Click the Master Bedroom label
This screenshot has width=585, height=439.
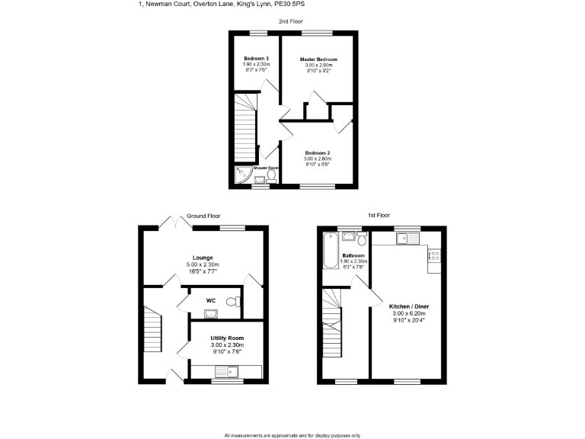coord(318,59)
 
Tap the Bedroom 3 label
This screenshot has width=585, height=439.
coord(256,59)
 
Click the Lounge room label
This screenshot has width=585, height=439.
coord(203,258)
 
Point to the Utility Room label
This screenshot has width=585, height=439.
coord(227,338)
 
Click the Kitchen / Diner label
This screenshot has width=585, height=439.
coord(411,306)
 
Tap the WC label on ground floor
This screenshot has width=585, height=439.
coord(211,300)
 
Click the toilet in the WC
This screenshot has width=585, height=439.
coord(238,303)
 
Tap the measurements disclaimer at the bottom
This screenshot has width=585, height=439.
coord(292,435)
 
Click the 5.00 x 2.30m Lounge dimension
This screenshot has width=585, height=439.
coord(203,264)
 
